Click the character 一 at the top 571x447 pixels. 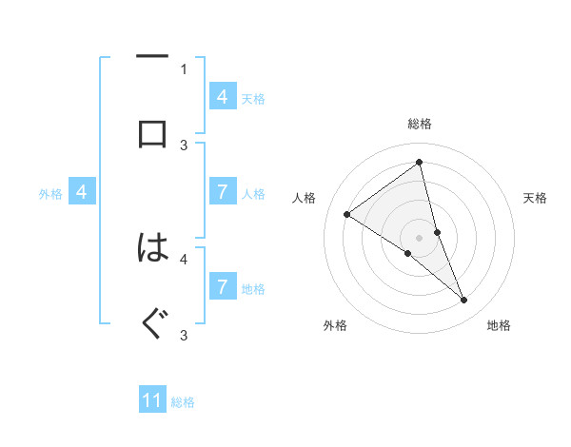click(152, 58)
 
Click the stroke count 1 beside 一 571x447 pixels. click(184, 68)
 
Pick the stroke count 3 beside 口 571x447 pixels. click(184, 145)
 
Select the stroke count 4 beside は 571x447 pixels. click(184, 258)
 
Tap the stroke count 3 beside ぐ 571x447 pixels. click(184, 335)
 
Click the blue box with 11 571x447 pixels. click(152, 400)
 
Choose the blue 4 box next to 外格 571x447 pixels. click(83, 192)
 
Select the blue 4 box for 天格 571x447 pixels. click(222, 97)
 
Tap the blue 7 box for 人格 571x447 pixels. click(222, 192)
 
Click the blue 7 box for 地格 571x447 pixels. click(222, 286)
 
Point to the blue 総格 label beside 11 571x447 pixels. click(183, 402)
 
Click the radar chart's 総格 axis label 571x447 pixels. click(420, 124)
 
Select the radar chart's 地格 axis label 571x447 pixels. click(499, 325)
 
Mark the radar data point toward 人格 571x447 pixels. click(346, 214)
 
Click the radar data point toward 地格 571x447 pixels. click(464, 301)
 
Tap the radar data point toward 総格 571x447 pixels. click(420, 163)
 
